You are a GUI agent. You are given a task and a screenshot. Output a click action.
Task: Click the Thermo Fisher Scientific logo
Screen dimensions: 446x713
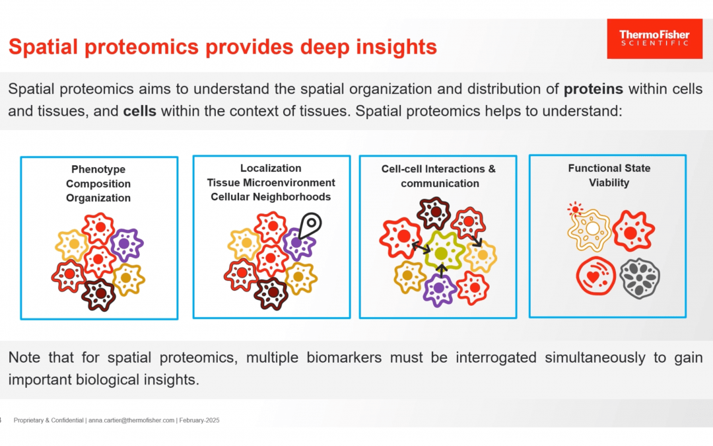(654, 38)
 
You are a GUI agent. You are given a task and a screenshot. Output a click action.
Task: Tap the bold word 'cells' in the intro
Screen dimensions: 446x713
(139, 110)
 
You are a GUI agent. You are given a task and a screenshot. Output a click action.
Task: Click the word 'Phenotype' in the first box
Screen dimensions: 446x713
(98, 170)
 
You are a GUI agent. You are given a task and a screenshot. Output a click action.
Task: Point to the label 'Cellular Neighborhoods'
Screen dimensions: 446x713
(271, 197)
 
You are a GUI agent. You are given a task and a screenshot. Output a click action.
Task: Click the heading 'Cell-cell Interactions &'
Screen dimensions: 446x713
(438, 169)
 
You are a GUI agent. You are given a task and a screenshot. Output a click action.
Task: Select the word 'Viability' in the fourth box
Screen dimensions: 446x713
(609, 182)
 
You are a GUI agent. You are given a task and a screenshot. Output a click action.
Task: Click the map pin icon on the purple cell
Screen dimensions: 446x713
(309, 225)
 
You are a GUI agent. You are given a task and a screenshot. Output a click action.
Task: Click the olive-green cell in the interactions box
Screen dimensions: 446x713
(441, 252)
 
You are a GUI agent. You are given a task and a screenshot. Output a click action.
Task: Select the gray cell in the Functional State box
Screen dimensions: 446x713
(639, 278)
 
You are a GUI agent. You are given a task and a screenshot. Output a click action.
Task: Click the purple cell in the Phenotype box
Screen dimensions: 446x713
(127, 244)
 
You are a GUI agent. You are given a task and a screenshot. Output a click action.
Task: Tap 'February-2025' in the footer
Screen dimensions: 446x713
(199, 421)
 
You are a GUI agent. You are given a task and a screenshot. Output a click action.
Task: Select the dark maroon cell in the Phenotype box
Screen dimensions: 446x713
(99, 293)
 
